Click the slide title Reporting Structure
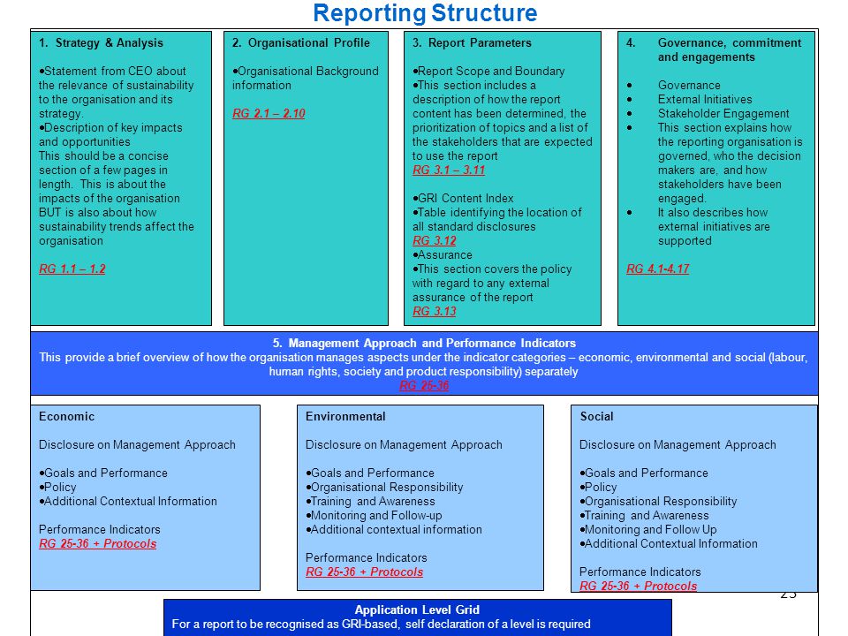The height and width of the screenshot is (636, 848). pos(425,13)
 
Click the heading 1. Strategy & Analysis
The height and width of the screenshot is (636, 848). pos(101,42)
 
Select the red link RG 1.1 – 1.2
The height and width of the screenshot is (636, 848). pos(72,269)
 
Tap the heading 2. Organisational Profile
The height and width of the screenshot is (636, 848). pos(300,42)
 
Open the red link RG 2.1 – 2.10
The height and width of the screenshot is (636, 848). pos(269,113)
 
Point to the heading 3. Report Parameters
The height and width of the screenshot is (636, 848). pos(472,42)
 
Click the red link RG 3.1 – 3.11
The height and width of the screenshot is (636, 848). pos(449,170)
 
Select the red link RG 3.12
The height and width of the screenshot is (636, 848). pos(435,240)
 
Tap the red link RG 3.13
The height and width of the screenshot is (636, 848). pos(435,311)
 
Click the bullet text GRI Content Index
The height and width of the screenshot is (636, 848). pos(466,198)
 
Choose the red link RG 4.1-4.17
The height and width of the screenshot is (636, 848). pos(657,269)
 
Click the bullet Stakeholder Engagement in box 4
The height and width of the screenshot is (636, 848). pos(723,114)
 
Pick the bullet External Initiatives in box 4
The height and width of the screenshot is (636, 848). pos(705,99)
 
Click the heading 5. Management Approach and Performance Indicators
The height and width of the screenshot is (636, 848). pos(424,343)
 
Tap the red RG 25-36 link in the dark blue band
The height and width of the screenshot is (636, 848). pos(424,385)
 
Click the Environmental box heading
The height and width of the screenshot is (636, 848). pos(345,416)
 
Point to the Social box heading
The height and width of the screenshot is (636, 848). pos(596,416)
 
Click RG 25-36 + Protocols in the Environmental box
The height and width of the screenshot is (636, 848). pos(364,572)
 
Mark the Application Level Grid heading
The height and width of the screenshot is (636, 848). pos(417,609)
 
